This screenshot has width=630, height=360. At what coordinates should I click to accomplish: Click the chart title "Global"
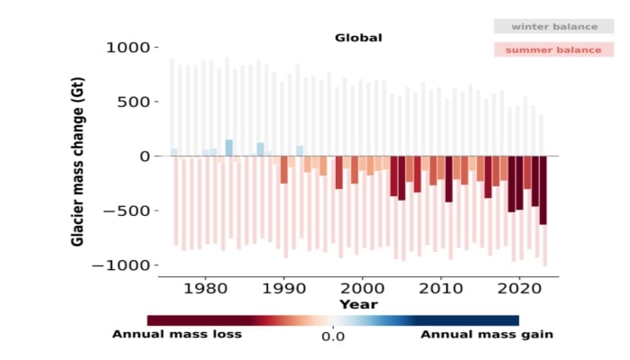click(x=358, y=38)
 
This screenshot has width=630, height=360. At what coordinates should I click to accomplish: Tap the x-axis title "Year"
click(x=352, y=304)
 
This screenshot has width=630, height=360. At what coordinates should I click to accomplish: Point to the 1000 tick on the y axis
click(x=129, y=47)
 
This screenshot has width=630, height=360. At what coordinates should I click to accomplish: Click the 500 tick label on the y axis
click(x=133, y=102)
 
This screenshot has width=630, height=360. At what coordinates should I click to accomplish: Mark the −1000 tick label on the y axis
click(x=124, y=266)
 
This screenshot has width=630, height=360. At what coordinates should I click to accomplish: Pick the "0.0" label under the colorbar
click(x=333, y=337)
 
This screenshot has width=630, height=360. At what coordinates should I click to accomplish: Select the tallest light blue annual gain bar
click(x=229, y=148)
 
